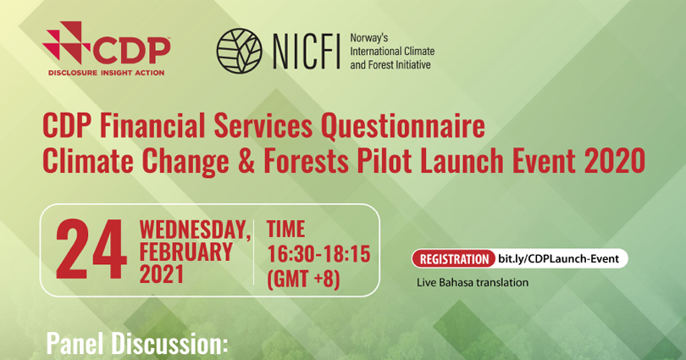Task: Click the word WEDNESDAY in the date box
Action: tap(193, 229)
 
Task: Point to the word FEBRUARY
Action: tap(185, 252)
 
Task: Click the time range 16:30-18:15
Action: tap(318, 252)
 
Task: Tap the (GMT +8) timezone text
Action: tap(303, 276)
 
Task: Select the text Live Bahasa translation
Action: tap(473, 282)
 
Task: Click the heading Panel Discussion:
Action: tap(137, 344)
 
